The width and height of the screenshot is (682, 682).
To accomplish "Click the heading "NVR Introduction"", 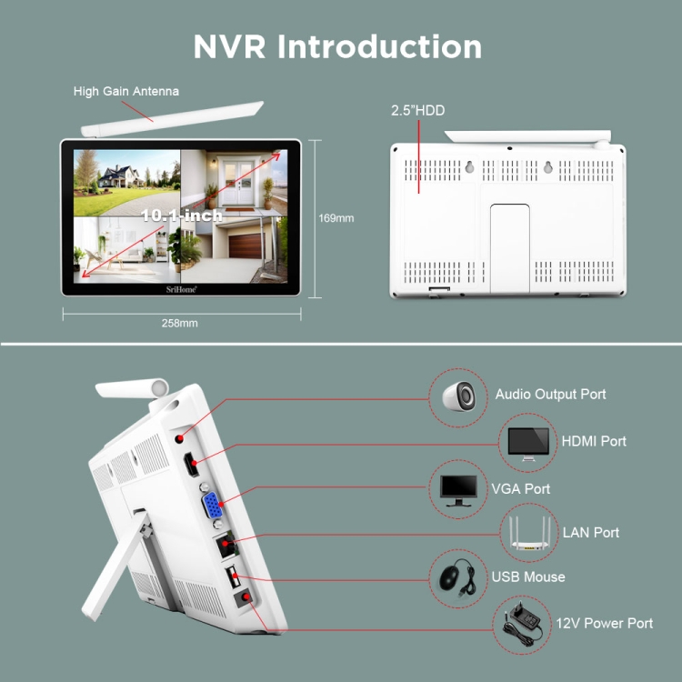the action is click(337, 46).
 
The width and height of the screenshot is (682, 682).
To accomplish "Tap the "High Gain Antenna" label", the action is click(126, 91).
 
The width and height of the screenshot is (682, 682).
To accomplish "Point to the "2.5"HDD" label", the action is click(417, 110).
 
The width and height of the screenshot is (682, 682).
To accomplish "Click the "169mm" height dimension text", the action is click(336, 218).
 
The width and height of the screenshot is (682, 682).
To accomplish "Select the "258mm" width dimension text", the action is click(180, 323).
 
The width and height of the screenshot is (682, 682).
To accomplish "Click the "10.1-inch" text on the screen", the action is click(182, 215).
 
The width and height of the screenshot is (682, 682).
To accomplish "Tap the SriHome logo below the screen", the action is click(181, 289).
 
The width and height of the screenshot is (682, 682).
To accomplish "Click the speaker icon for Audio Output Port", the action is click(458, 396).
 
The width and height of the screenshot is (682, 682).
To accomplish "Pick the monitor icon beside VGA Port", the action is click(458, 490).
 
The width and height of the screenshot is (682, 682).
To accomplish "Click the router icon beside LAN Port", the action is click(530, 533).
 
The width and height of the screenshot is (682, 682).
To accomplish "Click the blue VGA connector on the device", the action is click(212, 505).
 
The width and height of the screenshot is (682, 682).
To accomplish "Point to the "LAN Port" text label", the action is click(591, 533).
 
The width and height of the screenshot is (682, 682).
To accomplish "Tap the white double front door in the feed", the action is click(238, 183).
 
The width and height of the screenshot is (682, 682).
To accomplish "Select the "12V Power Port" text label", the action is click(604, 623).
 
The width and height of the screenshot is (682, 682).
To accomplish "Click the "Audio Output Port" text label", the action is click(550, 394).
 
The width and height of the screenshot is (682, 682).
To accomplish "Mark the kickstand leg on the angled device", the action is click(116, 567).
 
